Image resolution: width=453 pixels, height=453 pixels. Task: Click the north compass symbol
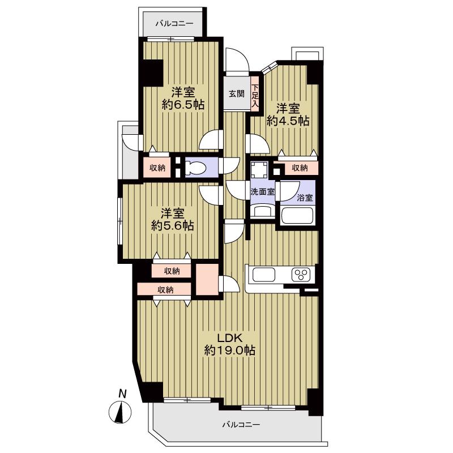coord(120,413)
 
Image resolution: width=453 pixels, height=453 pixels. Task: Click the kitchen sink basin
coord(263,274)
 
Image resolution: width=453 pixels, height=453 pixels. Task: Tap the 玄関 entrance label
coord(237,93)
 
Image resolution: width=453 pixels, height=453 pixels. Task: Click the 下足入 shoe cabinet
coord(254,96)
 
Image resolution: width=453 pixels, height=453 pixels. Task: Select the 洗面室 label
coord(262,191)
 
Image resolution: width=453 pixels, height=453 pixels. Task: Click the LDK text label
coord(229,337)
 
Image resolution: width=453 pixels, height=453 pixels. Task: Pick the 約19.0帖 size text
coord(230,351)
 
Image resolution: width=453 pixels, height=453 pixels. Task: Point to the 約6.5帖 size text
coord(183,105)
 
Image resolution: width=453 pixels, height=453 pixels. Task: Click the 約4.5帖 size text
coord(288,121)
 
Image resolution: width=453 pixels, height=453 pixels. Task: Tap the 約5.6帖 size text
coord(173,225)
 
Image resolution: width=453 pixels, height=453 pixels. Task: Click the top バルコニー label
coord(174,23)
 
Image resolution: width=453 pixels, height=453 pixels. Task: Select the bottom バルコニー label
coord(241,424)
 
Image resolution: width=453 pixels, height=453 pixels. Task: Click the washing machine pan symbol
coord(259,171)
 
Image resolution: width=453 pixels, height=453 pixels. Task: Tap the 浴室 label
coord(305,198)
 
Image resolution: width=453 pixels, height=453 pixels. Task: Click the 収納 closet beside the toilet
coord(157,168)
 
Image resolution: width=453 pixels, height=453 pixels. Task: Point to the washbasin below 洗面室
coord(262,210)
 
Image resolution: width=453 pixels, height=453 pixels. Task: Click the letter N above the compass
coord(123,394)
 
